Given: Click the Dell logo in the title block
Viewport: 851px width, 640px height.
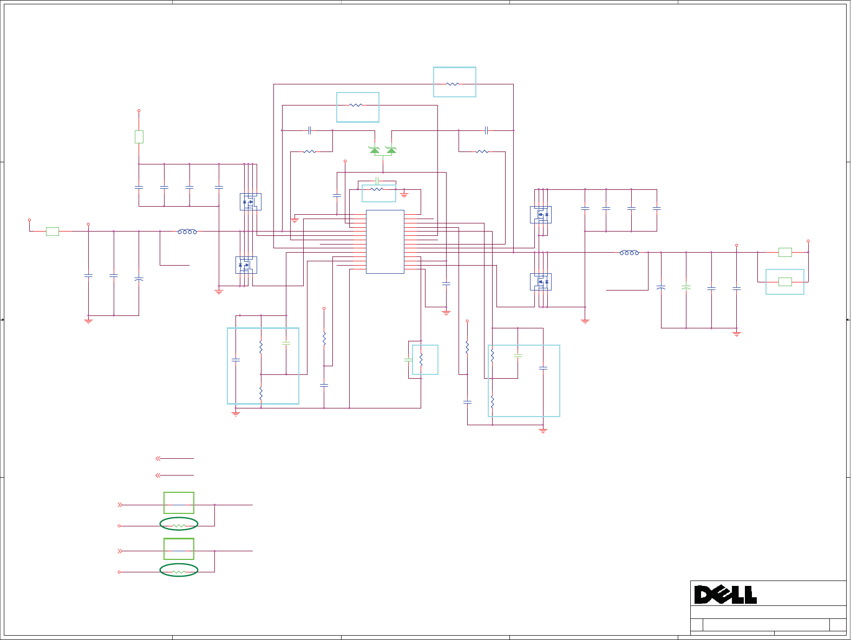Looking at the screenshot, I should click(725, 595).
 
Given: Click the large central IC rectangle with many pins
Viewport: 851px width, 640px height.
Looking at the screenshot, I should click(385, 242).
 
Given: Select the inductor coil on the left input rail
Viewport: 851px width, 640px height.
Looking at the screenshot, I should click(187, 232).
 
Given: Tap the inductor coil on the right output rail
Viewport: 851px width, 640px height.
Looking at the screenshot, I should click(629, 253).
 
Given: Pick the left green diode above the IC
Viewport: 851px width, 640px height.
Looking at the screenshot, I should click(374, 150).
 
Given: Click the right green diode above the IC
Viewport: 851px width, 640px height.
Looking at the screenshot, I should click(391, 150).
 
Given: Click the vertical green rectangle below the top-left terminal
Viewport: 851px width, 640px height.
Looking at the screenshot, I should click(139, 137).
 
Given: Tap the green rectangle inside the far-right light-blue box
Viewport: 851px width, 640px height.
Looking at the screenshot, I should click(785, 281).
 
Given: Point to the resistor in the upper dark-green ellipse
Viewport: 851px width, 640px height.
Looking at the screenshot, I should click(179, 525).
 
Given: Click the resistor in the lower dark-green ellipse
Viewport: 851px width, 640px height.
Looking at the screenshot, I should click(179, 571).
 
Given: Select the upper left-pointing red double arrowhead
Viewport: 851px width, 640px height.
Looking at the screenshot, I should click(158, 458).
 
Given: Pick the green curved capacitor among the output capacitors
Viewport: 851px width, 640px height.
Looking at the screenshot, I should click(686, 287).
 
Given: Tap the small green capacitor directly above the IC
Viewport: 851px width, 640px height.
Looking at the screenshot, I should click(377, 180).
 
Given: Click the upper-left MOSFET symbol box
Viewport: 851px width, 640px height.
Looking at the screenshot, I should click(251, 202).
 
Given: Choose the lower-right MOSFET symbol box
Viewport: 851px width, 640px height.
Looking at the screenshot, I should click(541, 282).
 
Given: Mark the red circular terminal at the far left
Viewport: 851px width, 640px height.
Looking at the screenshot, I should click(29, 220).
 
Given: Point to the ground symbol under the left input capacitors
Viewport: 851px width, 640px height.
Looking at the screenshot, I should click(88, 321).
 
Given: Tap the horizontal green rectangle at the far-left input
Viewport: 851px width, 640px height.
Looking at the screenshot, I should click(53, 232).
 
